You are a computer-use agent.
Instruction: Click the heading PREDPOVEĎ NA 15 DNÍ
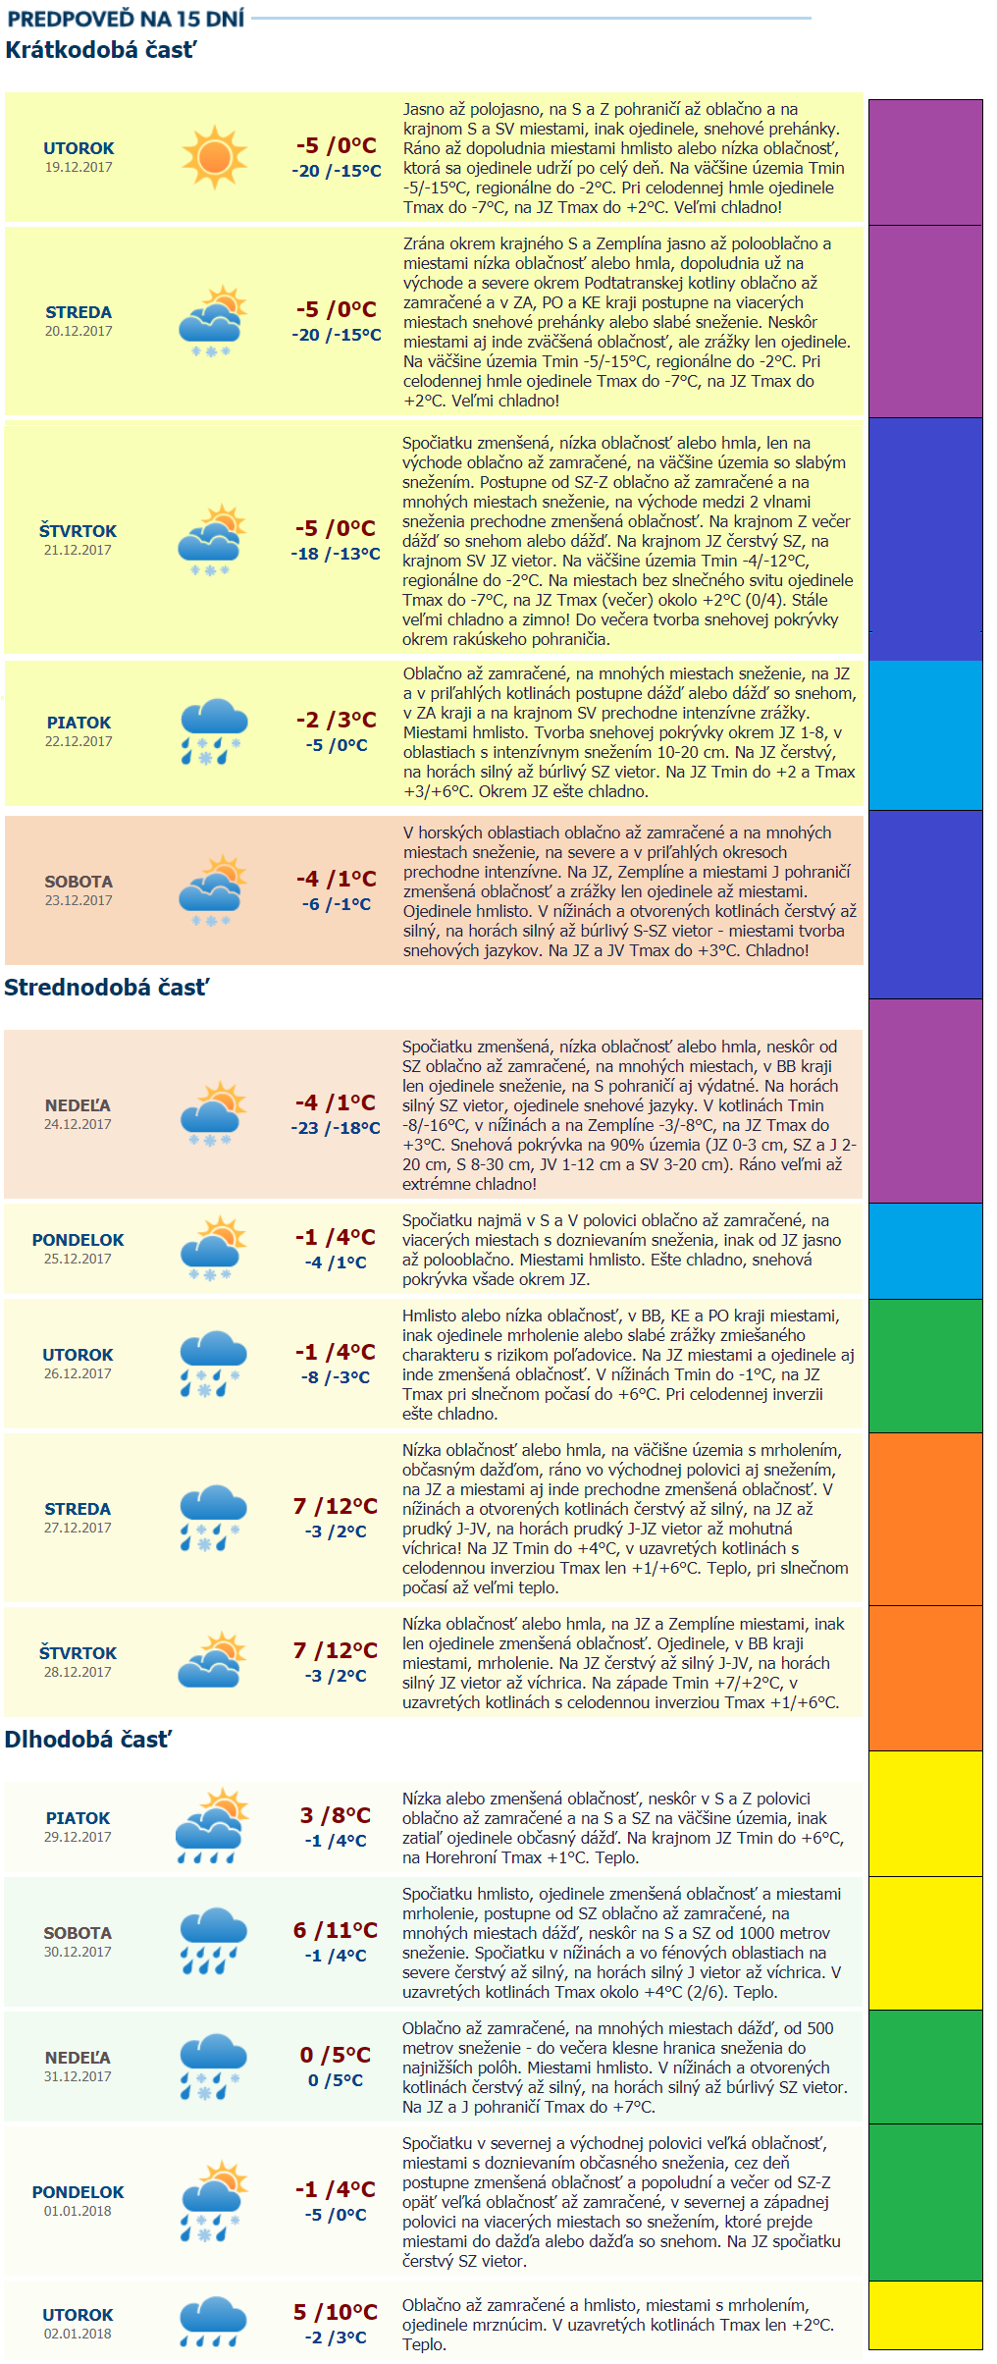126,19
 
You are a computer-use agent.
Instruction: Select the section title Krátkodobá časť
101,50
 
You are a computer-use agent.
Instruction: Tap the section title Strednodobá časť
107,988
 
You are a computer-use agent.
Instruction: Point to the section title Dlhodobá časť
88,1740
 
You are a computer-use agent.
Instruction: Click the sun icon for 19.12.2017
213,157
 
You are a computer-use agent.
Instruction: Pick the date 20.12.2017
79,331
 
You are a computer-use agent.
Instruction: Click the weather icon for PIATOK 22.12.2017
213,731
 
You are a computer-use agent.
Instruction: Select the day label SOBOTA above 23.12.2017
79,882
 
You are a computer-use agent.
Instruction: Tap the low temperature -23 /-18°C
336,1128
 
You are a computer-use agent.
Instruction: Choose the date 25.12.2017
78,1259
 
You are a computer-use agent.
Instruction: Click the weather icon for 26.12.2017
213,1364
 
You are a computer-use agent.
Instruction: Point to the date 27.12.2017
78,1528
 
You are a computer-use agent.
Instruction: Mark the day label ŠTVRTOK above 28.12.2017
78,1653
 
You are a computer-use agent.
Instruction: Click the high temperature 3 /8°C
336,1815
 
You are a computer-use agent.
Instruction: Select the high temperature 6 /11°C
336,1930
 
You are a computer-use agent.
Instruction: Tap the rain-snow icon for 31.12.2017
213,2067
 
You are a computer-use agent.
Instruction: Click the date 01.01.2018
78,2211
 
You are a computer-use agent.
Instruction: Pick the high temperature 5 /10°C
336,2312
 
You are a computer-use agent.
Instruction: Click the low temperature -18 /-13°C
336,554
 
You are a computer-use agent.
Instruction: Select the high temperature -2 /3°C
336,720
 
